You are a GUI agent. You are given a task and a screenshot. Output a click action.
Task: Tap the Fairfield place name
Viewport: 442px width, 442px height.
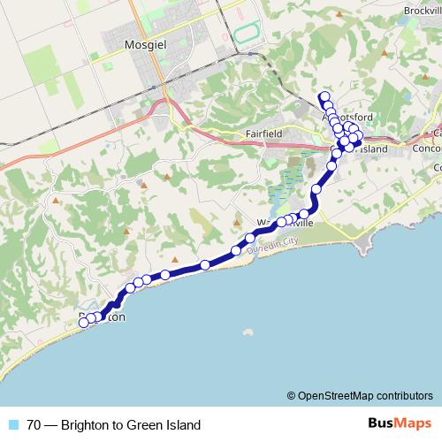click(263, 134)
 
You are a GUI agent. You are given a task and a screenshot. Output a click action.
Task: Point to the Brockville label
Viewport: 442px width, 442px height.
click(421, 9)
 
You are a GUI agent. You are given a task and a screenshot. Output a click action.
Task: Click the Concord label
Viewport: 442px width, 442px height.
click(428, 149)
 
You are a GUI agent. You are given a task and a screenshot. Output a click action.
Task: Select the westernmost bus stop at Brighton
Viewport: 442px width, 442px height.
click(84, 323)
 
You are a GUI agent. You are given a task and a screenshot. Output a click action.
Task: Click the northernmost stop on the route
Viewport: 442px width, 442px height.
click(324, 96)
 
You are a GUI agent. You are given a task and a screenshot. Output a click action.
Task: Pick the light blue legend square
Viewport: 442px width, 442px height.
click(13, 424)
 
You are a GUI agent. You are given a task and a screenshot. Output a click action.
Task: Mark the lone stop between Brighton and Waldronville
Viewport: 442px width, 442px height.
click(204, 264)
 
